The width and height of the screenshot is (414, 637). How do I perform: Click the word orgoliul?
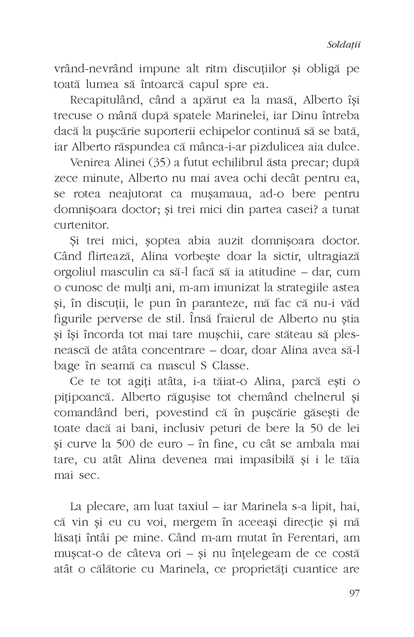click(x=77, y=272)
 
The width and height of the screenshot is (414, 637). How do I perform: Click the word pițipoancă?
click(x=82, y=398)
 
